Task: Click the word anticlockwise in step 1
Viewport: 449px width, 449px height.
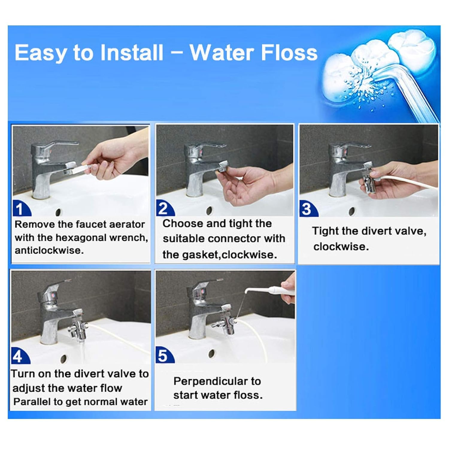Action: [x=49, y=250]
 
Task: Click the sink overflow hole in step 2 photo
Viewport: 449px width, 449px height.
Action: [x=209, y=210]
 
